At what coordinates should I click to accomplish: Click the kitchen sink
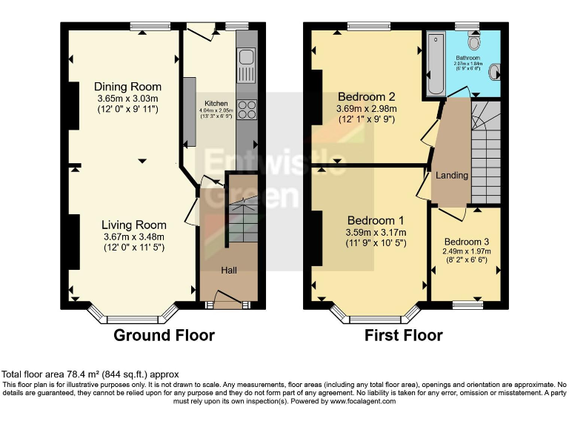click(x=246, y=58)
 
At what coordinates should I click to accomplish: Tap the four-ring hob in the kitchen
click(x=247, y=109)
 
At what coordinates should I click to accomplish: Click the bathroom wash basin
click(x=495, y=72)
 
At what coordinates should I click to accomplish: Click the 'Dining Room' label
click(x=128, y=86)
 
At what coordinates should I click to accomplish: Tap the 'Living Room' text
click(x=133, y=225)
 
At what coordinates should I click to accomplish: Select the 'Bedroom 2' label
click(x=366, y=96)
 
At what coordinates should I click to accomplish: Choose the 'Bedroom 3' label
click(x=467, y=242)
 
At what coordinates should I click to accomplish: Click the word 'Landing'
click(x=451, y=176)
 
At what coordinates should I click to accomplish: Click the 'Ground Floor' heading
click(x=164, y=335)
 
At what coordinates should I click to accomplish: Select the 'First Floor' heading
click(x=404, y=335)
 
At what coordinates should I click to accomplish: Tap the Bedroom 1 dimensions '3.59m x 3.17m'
click(x=376, y=232)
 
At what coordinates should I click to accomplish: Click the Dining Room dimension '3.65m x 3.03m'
click(x=128, y=98)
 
